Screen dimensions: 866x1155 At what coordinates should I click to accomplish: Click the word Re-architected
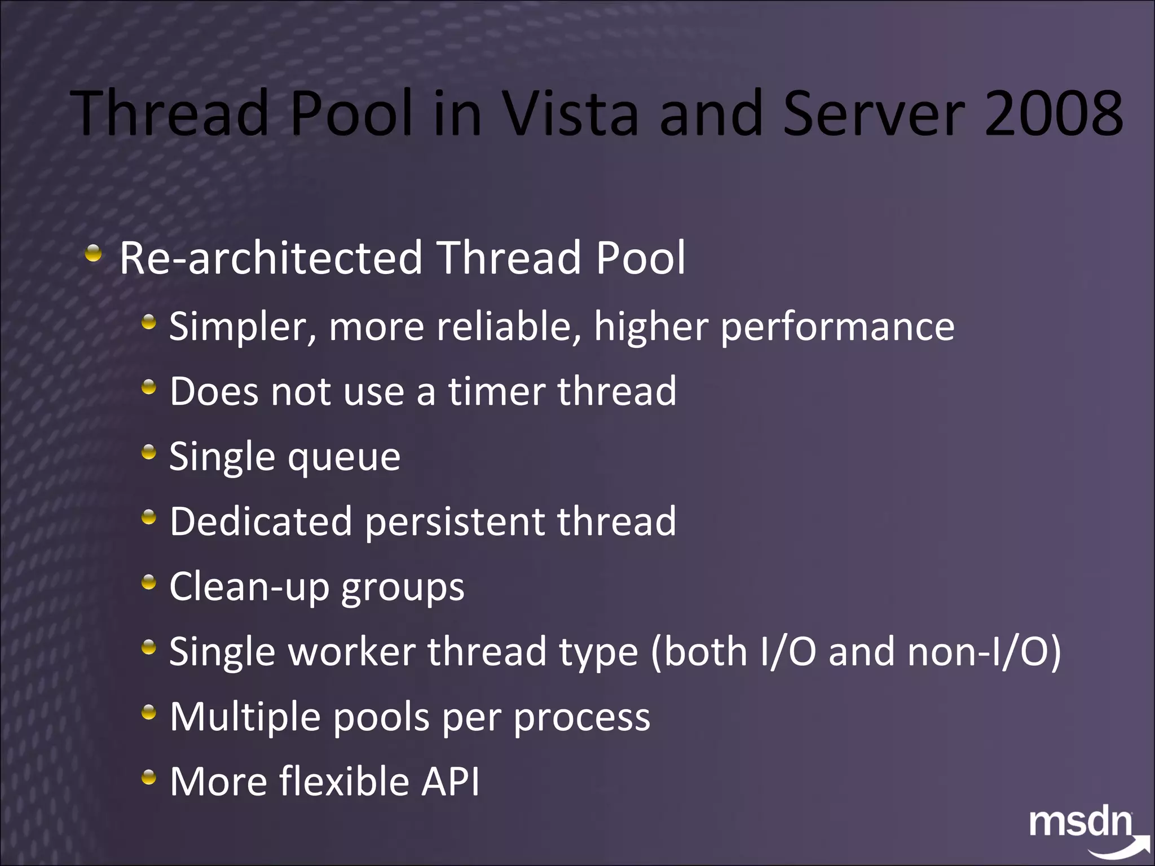click(x=271, y=258)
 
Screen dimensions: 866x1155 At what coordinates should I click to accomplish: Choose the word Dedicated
click(x=261, y=522)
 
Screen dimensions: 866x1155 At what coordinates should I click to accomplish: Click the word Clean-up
click(x=249, y=587)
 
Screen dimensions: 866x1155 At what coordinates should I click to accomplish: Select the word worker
click(x=352, y=652)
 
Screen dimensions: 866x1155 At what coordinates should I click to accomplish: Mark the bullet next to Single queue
click(x=148, y=452)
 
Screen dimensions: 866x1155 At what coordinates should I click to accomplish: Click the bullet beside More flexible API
click(x=148, y=777)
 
